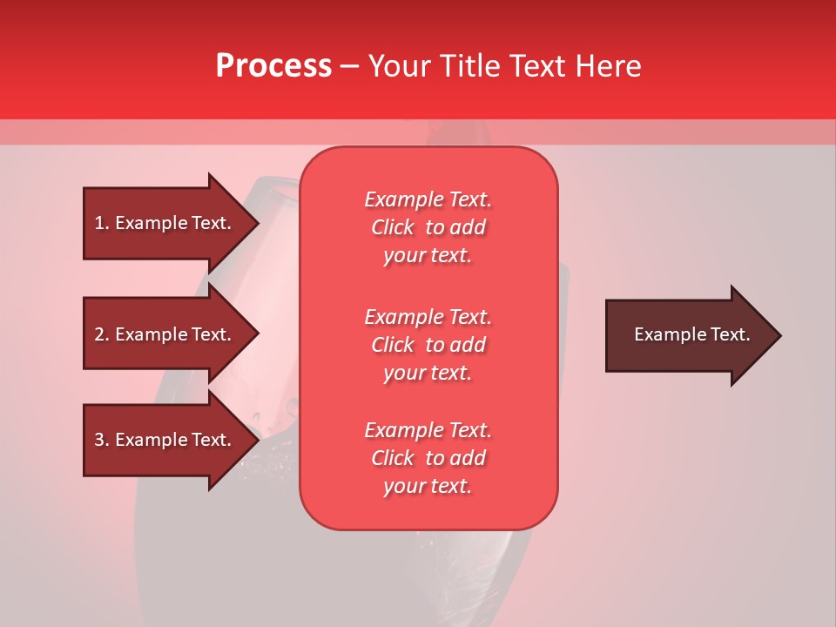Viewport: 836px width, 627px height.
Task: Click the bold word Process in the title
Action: (273, 66)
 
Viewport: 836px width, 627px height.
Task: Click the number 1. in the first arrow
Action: (102, 223)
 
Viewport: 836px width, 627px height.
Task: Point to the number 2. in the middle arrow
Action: (102, 334)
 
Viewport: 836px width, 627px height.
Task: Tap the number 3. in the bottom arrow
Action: (102, 440)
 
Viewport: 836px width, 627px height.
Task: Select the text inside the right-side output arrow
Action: (691, 334)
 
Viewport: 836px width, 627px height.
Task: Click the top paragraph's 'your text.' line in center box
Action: (428, 255)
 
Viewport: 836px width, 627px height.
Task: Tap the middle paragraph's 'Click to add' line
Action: (428, 345)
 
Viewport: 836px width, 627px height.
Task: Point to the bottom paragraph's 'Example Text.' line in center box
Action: (428, 430)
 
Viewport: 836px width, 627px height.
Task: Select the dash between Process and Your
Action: (350, 66)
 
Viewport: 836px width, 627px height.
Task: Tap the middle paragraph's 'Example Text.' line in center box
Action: (428, 317)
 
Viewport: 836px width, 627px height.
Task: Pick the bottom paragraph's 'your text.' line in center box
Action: (428, 486)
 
